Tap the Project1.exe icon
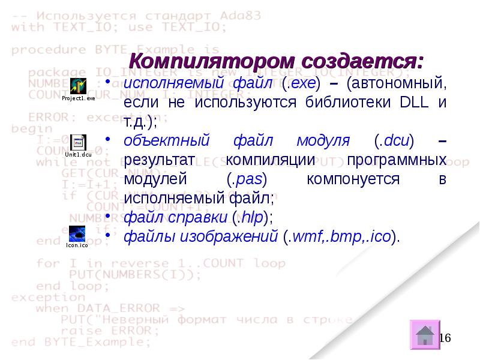(x=79, y=85)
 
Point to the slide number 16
(x=445, y=338)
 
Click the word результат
(x=161, y=160)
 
